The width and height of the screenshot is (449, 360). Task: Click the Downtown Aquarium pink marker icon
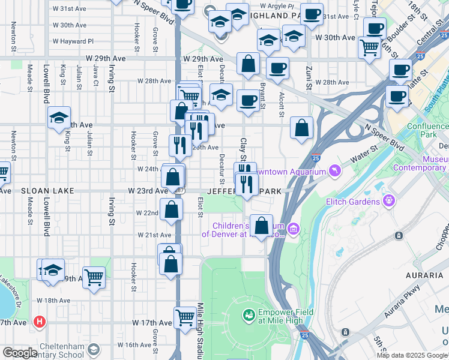coord(334,172)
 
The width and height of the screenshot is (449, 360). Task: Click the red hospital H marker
coord(40,322)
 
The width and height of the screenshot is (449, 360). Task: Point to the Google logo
coord(20,353)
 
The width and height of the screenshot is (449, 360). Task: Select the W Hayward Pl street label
coord(73,41)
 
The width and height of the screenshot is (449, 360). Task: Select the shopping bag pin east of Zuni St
coord(301,128)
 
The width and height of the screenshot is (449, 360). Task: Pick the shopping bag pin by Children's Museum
coord(261,226)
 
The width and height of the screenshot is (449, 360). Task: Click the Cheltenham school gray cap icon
coord(93,349)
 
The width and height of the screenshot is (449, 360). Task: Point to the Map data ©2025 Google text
coord(412,355)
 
